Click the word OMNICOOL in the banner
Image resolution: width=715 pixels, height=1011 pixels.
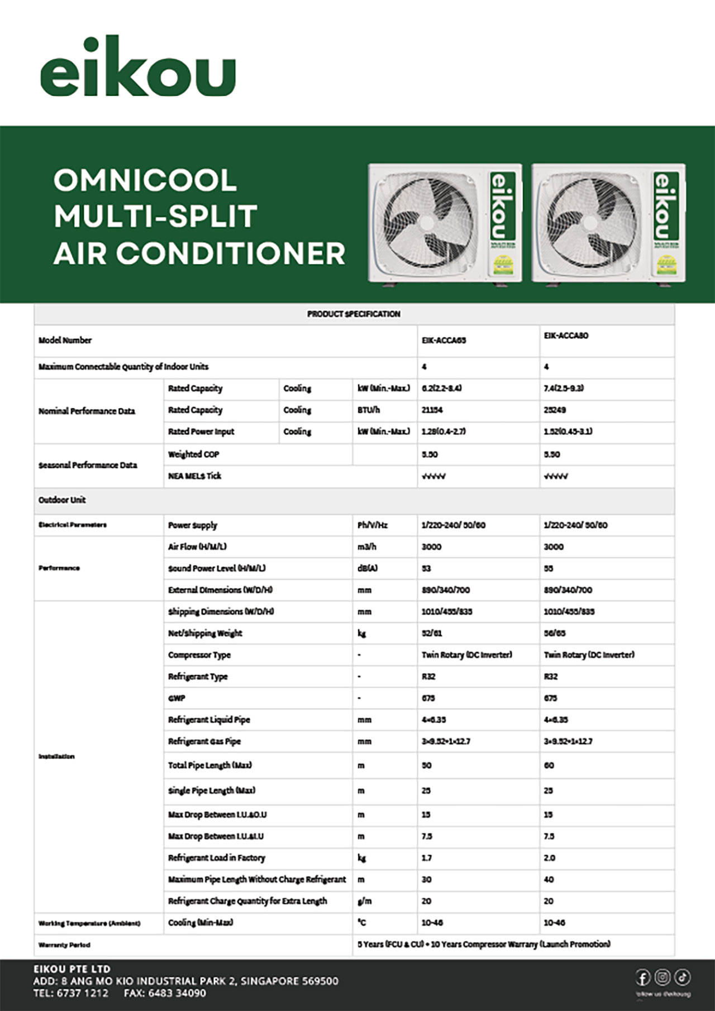pos(145,180)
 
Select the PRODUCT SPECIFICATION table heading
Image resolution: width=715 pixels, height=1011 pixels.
pos(354,314)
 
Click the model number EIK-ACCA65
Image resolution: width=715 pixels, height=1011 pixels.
pos(444,341)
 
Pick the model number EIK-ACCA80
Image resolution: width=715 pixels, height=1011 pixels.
pos(566,336)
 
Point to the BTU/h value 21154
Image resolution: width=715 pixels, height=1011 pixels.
pos(432,410)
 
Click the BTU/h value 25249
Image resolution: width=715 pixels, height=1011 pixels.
pos(555,410)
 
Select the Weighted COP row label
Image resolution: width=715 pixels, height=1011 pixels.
pos(194,454)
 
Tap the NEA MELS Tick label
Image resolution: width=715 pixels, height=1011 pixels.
pos(194,476)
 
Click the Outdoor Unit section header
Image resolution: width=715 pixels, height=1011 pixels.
pos(62,500)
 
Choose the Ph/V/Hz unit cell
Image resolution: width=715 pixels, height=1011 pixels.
pos(372,525)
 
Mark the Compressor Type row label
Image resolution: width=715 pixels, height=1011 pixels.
pos(199,655)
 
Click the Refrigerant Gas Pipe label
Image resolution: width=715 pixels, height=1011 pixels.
pos(204,741)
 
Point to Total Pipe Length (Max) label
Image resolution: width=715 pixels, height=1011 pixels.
pos(210,765)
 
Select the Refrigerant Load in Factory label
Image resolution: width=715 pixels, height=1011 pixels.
pos(217,858)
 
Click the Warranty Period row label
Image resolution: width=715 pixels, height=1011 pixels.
pos(64,945)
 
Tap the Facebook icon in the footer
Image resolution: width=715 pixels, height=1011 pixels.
pos(643,978)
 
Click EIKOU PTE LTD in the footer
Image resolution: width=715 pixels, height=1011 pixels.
pos(72,969)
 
